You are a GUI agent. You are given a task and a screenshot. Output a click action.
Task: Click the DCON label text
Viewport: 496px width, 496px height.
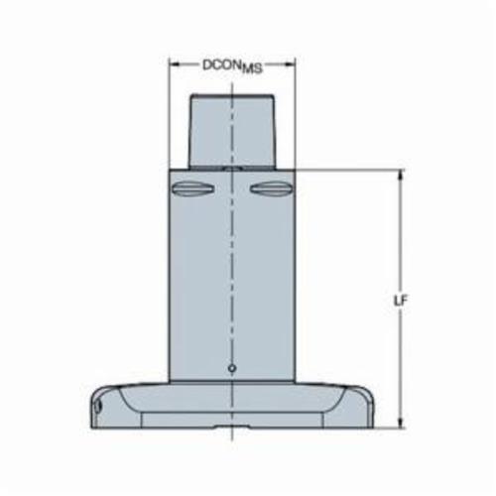click(232, 66)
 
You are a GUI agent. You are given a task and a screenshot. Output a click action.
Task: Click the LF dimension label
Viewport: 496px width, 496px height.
click(401, 301)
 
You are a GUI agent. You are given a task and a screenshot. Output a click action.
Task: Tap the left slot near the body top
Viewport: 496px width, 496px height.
click(192, 188)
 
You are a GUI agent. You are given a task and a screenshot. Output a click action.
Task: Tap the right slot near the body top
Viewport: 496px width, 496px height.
click(271, 188)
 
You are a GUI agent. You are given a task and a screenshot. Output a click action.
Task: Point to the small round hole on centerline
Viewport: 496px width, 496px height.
click(232, 368)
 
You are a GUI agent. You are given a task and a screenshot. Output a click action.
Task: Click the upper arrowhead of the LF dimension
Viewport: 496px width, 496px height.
click(401, 176)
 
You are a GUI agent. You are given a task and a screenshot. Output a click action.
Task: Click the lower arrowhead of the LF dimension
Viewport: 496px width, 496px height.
click(401, 423)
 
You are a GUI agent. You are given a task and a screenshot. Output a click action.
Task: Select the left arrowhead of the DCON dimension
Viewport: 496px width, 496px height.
click(175, 64)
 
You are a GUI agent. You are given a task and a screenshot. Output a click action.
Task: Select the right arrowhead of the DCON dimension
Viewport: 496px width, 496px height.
click(290, 64)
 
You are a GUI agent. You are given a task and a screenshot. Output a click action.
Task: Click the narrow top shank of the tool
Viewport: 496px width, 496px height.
click(232, 131)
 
